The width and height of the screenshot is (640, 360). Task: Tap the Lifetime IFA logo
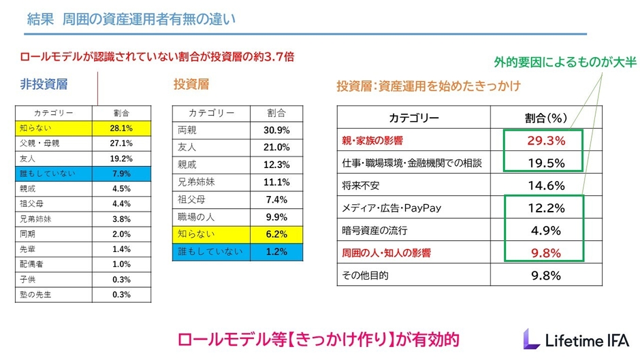576,338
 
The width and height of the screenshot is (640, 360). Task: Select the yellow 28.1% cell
121,127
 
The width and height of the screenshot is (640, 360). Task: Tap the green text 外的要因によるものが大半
564,63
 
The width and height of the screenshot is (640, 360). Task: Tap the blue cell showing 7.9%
121,173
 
